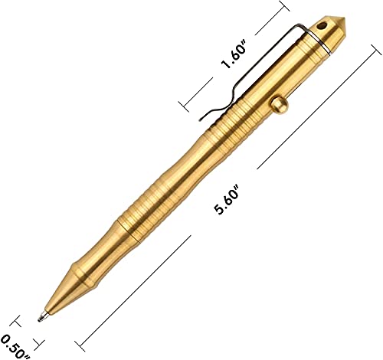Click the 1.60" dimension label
[234, 57]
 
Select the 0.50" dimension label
[15, 348]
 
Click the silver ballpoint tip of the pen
[41, 317]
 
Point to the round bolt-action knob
[279, 104]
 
